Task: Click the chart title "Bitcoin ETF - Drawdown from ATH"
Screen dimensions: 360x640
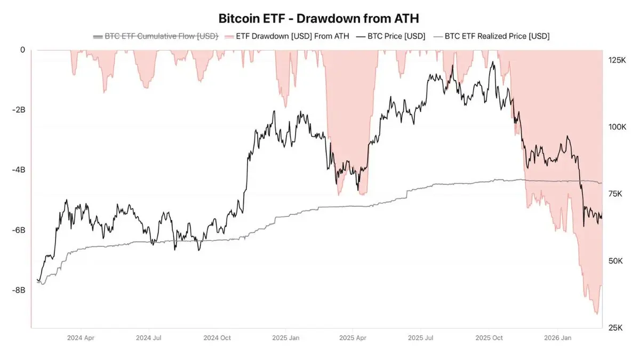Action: tap(319, 18)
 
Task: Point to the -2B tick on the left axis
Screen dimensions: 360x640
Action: tap(19, 110)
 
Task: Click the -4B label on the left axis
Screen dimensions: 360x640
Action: tap(19, 170)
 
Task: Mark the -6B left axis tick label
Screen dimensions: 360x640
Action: tap(19, 230)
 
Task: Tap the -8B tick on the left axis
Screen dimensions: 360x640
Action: tap(19, 290)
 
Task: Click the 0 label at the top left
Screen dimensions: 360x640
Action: tap(22, 50)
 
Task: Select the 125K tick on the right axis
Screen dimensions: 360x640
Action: tap(618, 60)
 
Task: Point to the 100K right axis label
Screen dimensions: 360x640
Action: tap(618, 127)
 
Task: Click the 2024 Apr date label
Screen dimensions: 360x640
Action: tap(81, 338)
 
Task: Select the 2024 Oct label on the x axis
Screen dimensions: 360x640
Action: tap(218, 338)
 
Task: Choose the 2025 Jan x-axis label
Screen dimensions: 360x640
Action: tap(286, 338)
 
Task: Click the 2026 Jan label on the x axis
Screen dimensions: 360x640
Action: tap(558, 338)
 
